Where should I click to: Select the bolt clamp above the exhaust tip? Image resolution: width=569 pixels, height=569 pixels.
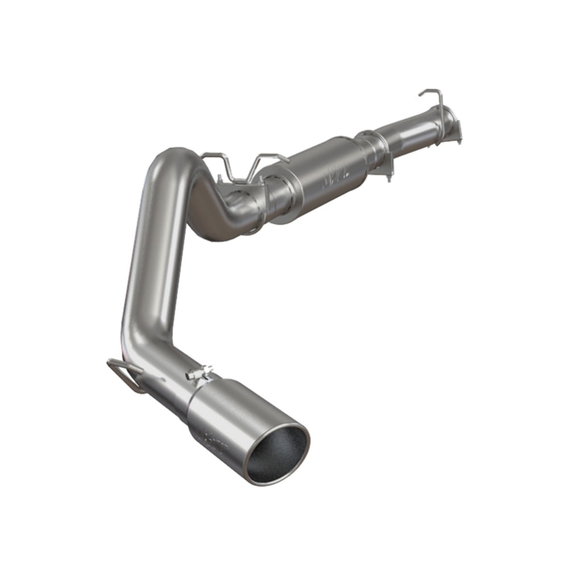click(200, 372)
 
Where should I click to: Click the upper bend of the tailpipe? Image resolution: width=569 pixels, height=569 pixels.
click(171, 165)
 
